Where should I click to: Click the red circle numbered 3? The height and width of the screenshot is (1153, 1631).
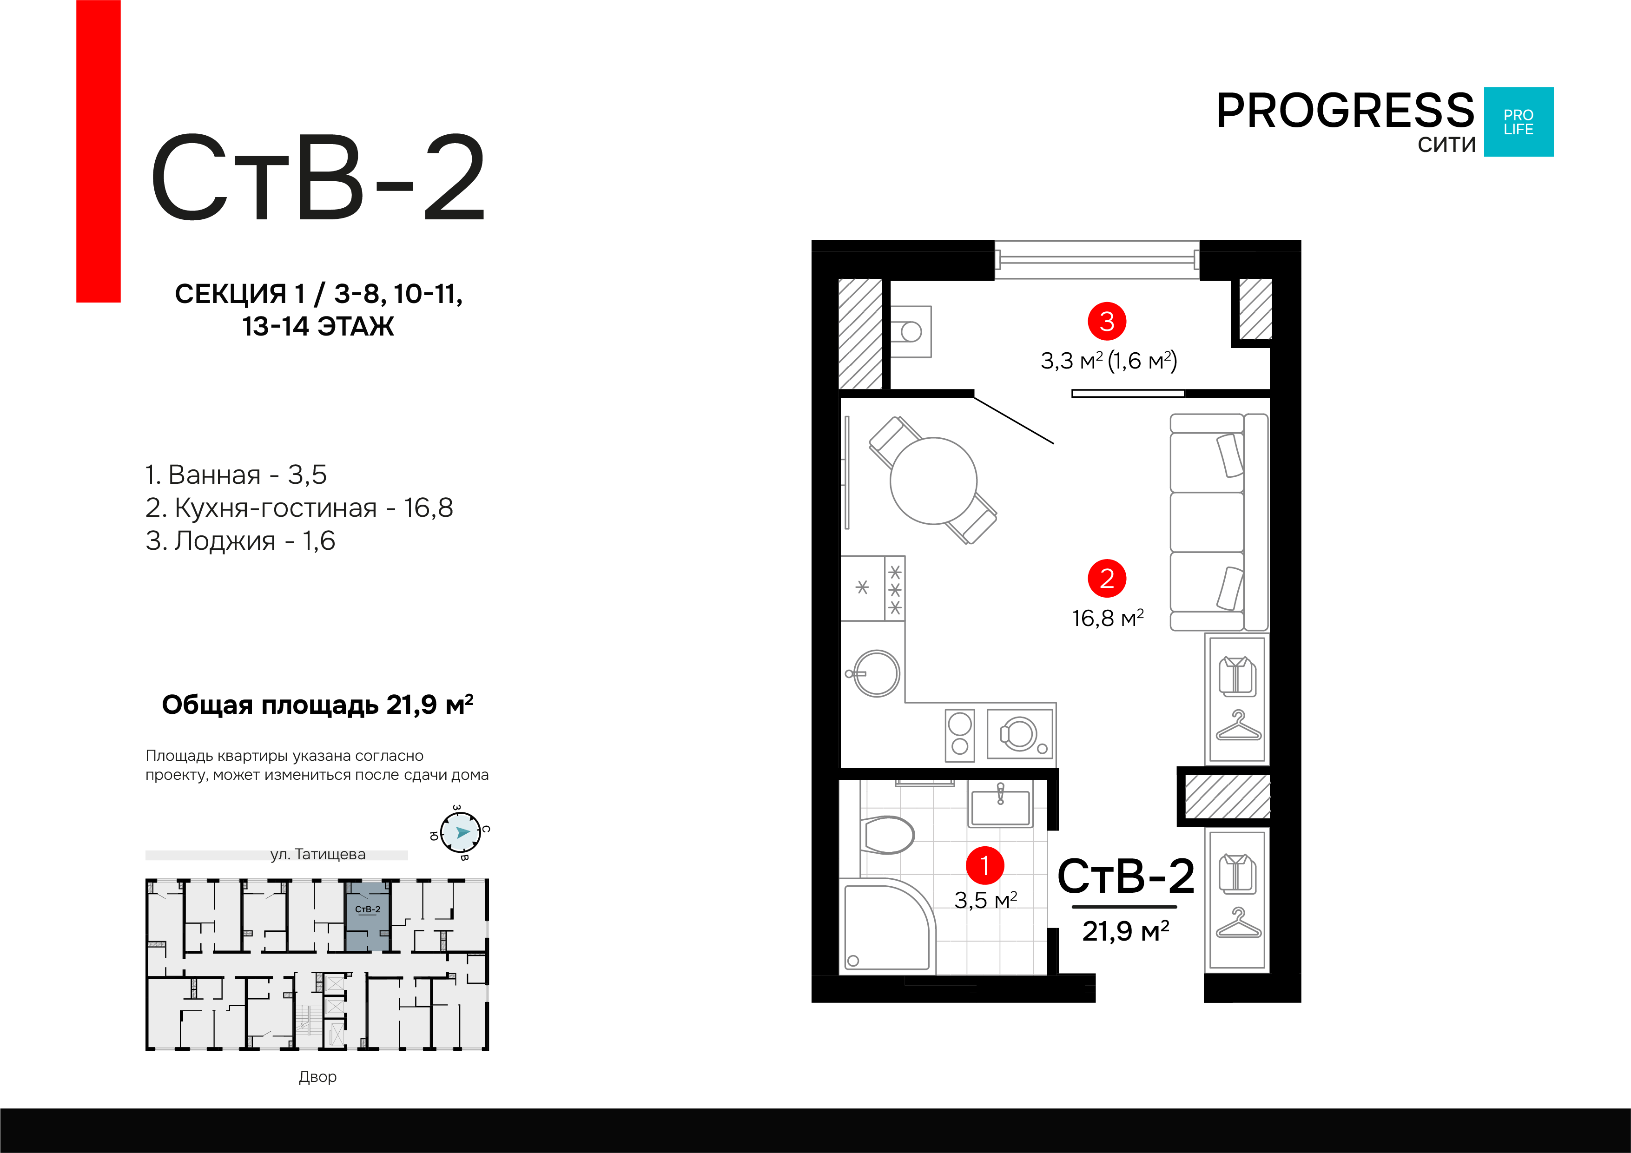click(x=1107, y=321)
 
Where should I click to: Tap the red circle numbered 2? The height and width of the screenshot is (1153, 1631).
click(x=1107, y=578)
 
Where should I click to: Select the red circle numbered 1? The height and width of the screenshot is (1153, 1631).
click(x=984, y=865)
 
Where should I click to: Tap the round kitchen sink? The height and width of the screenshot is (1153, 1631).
click(x=877, y=673)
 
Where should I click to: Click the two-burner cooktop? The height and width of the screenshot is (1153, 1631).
click(x=960, y=735)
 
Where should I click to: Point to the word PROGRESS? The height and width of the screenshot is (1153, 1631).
click(x=1345, y=112)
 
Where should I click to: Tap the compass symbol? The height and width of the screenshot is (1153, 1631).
click(x=460, y=832)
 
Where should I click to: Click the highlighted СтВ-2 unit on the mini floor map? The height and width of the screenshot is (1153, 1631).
click(x=367, y=916)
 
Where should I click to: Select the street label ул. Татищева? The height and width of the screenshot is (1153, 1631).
click(x=317, y=855)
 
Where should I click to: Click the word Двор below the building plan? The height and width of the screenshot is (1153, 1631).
click(x=317, y=1077)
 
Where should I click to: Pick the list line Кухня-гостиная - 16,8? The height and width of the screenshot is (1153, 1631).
click(x=298, y=508)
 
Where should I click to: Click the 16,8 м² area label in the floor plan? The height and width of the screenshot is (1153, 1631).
click(x=1107, y=619)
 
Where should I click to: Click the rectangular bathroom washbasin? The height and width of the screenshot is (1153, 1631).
click(x=1000, y=809)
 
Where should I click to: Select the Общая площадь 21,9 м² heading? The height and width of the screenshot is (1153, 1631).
click(x=317, y=705)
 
